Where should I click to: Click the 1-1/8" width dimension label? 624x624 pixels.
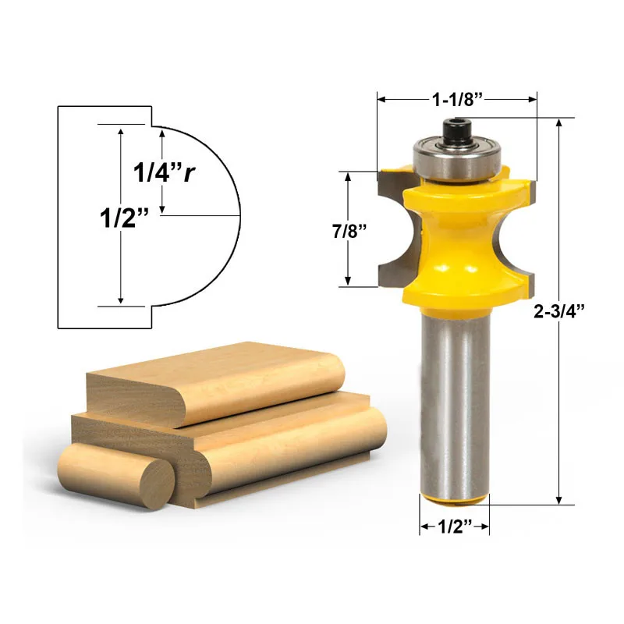(457, 100)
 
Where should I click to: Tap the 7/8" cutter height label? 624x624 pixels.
(349, 231)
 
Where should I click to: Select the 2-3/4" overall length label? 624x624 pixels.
(558, 311)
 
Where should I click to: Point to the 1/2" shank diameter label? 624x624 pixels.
(455, 526)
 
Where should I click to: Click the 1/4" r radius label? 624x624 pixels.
(164, 172)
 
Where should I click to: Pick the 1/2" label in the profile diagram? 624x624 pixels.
(124, 218)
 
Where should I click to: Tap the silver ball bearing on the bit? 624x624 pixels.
(456, 160)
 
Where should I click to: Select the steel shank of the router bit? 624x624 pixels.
(455, 402)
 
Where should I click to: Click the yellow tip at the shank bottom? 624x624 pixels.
(455, 500)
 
